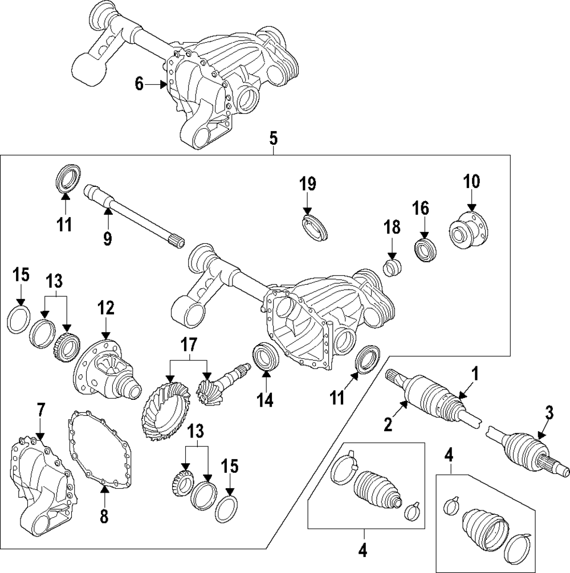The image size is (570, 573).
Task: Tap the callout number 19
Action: click(307, 183)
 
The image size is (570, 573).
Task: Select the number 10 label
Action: click(471, 182)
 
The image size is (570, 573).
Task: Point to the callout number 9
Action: click(107, 238)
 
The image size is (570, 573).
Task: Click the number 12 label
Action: click(105, 309)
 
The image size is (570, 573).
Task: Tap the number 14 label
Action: click(265, 400)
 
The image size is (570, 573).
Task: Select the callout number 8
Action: click(103, 516)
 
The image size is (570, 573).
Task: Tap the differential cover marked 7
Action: click(40, 484)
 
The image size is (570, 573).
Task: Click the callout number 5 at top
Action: click(273, 137)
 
